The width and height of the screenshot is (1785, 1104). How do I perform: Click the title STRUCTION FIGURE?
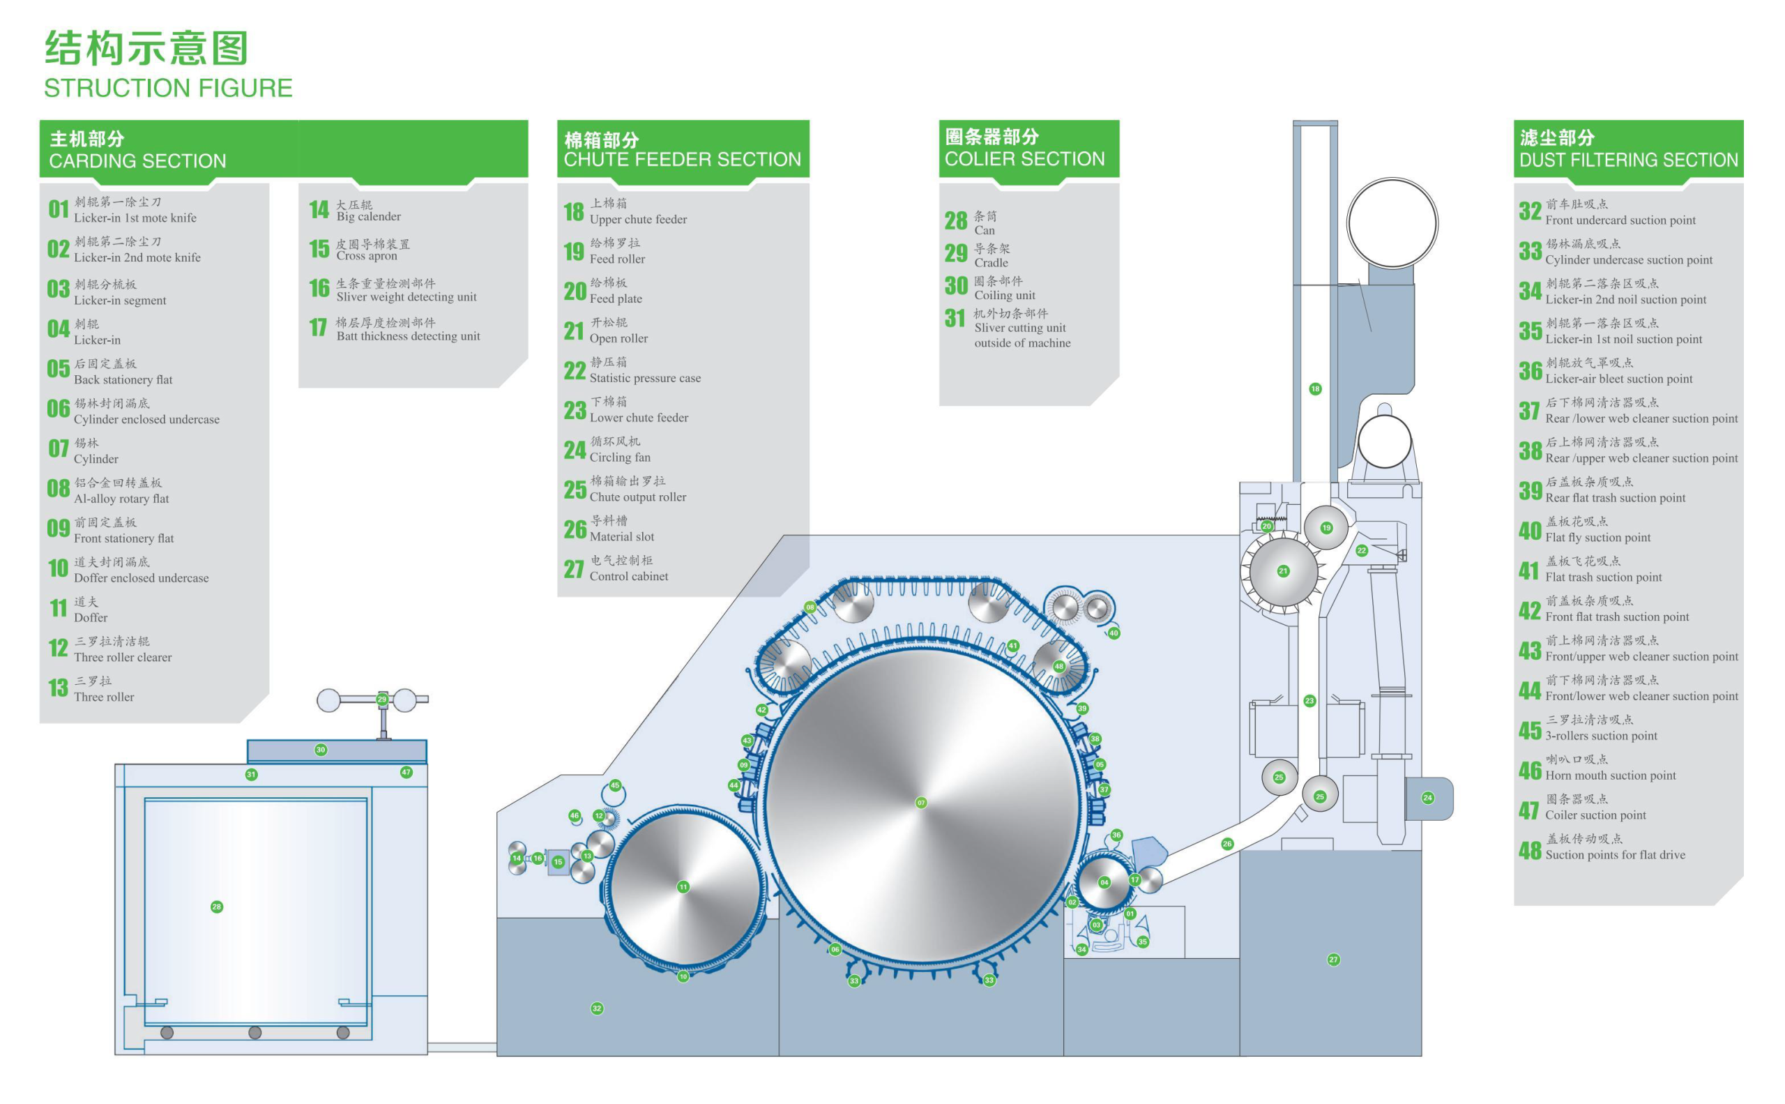click(x=168, y=89)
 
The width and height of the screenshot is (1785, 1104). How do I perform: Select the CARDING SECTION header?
click(x=137, y=160)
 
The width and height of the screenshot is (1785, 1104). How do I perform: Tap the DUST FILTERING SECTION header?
click(x=1628, y=160)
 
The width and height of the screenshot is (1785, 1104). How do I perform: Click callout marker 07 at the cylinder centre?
click(x=920, y=803)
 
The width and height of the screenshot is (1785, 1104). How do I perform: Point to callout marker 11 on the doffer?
click(x=683, y=886)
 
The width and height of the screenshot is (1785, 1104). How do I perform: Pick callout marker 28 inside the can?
click(x=216, y=906)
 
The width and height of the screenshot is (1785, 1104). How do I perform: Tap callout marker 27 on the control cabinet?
click(x=1333, y=960)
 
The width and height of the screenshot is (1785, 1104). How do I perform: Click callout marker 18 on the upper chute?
click(x=1315, y=388)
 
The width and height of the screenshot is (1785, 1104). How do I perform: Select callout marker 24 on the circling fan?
click(x=1427, y=798)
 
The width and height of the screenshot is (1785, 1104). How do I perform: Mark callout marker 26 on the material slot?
click(x=1226, y=843)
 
